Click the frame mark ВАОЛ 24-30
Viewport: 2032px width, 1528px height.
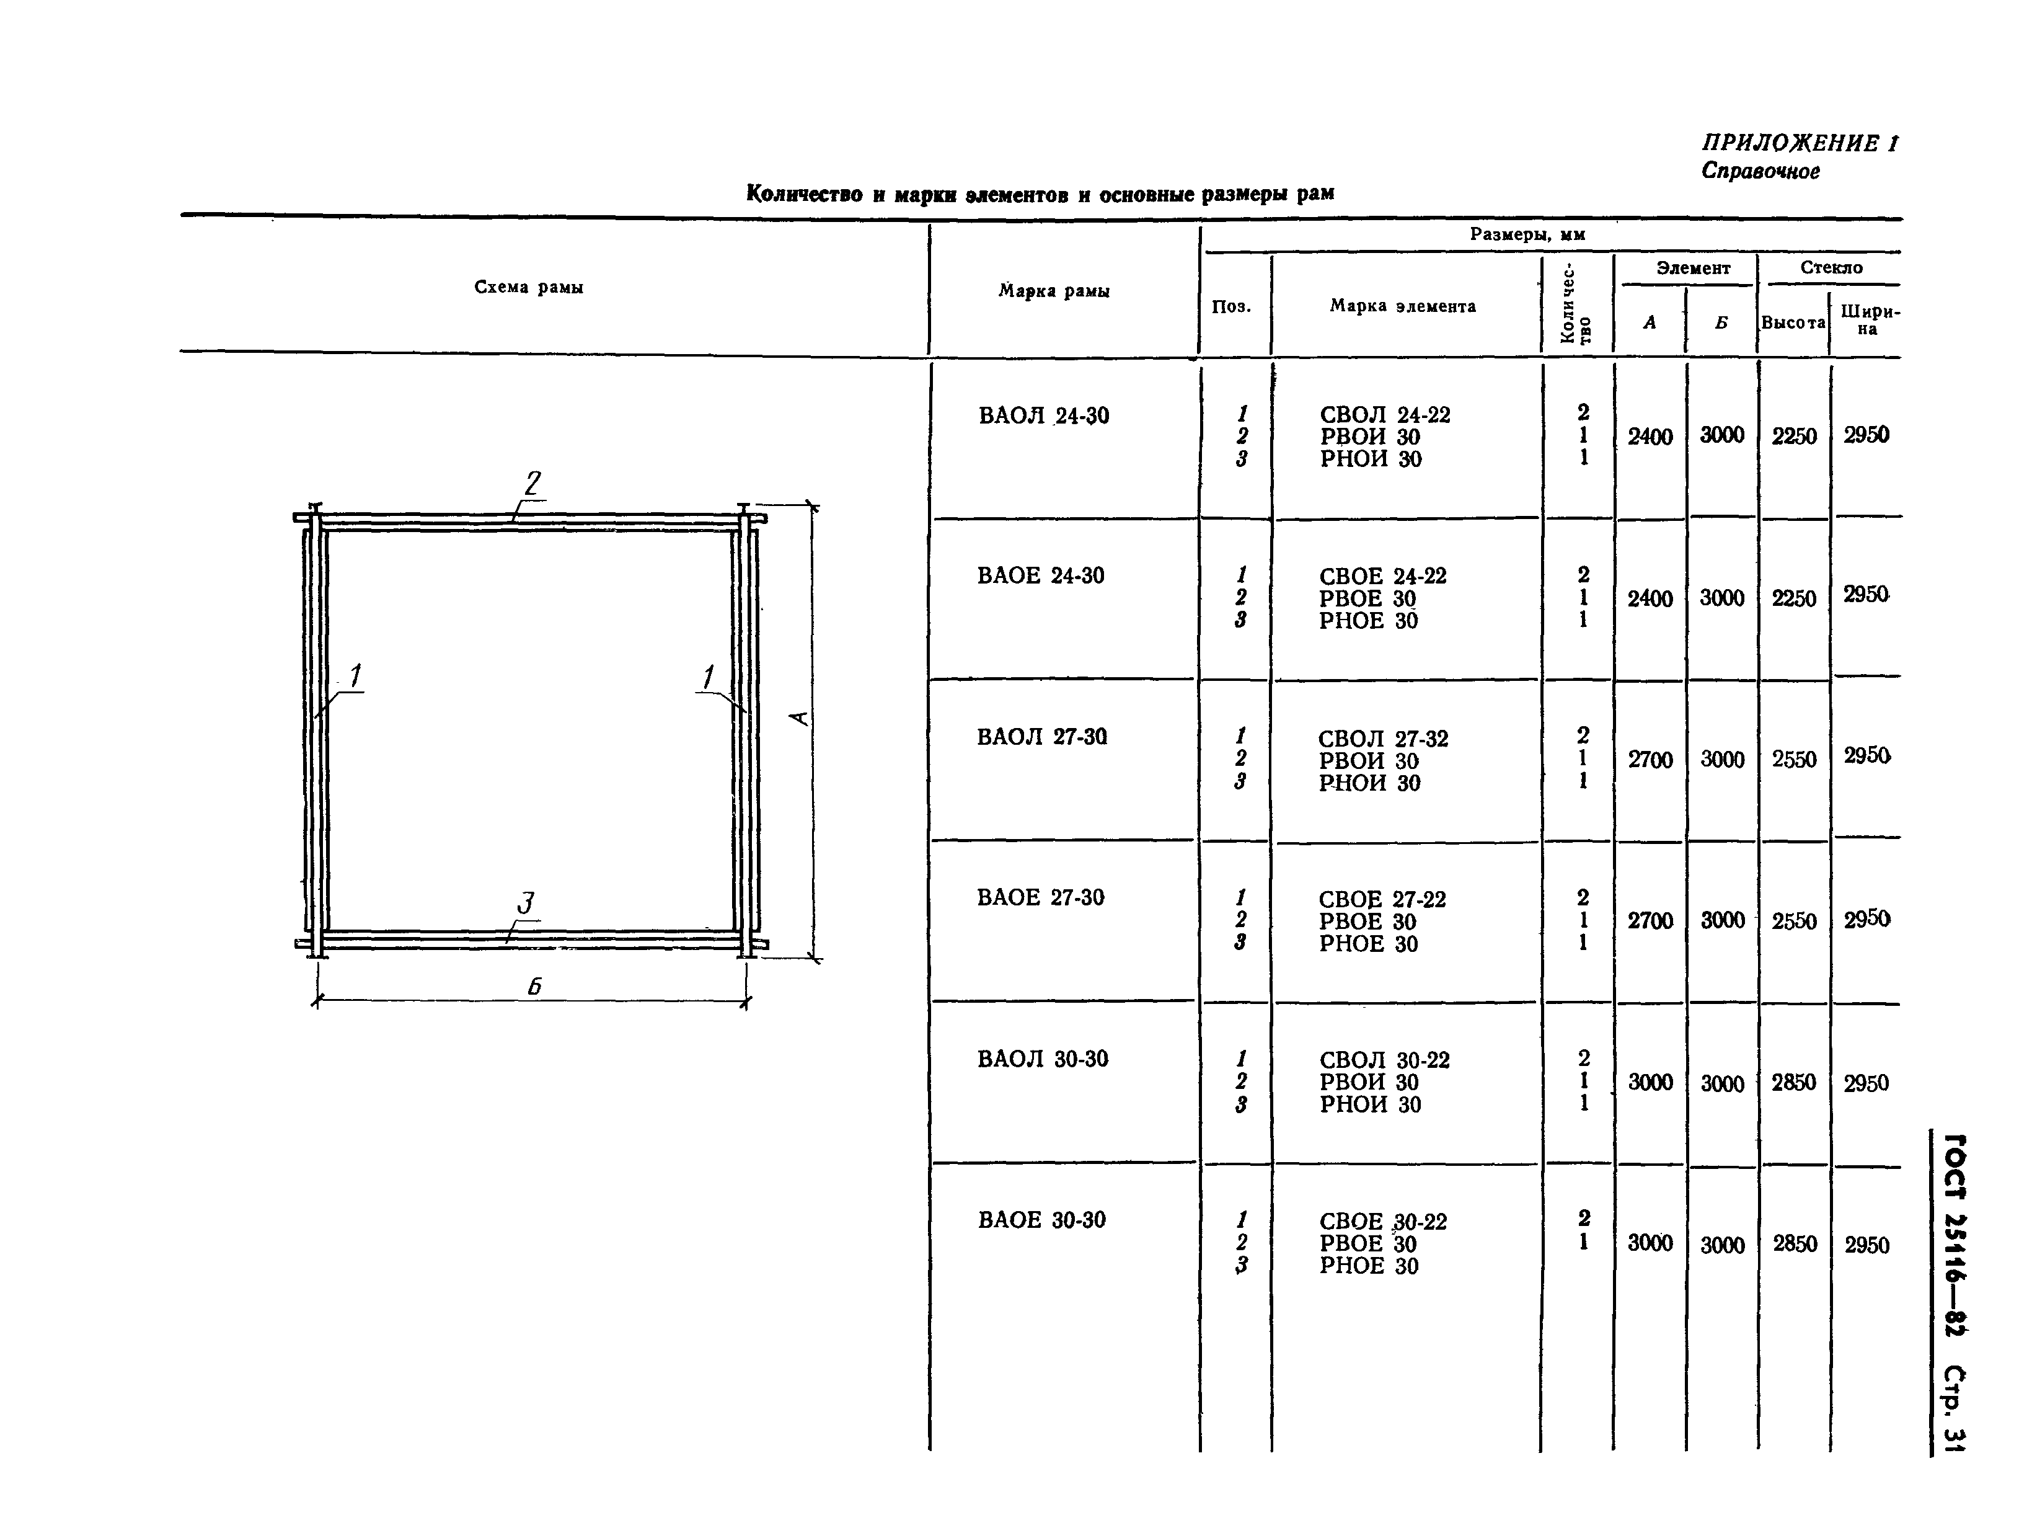[x=1043, y=416]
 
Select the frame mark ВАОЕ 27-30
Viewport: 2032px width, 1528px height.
[x=1041, y=898]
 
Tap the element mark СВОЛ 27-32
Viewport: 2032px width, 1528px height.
[x=1382, y=739]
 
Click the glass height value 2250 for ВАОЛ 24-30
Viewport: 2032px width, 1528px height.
[x=1794, y=437]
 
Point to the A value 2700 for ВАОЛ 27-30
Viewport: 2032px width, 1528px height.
[x=1650, y=760]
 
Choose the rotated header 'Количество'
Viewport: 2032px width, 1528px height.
[x=1576, y=304]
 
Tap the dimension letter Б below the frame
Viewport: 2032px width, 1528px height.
[x=534, y=987]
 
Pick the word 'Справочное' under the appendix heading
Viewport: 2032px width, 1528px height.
[x=1760, y=172]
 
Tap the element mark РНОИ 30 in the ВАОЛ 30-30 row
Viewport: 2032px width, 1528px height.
[x=1371, y=1104]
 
